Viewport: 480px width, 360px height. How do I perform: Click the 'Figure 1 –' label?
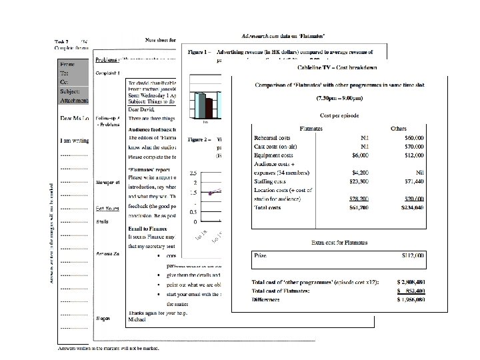[x=201, y=51]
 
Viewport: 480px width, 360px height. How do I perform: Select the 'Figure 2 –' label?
[x=201, y=140]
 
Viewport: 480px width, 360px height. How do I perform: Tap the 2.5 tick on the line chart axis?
[x=193, y=172]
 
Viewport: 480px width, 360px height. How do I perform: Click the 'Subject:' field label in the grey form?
[x=71, y=91]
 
